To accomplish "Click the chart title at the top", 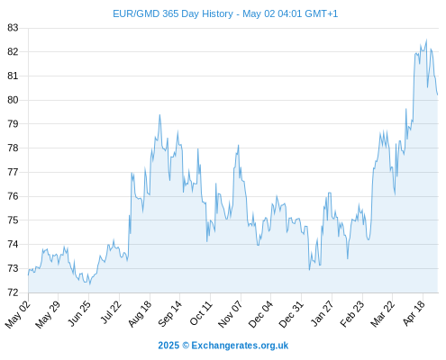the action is (225, 13).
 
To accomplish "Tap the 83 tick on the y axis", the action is (13, 28).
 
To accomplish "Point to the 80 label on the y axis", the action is (13, 100).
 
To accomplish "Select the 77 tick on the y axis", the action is (13, 172).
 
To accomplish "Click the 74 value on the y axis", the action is (13, 244).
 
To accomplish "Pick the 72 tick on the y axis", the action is (13, 292).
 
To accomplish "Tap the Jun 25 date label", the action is (79, 313).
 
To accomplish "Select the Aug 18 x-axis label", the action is (140, 313).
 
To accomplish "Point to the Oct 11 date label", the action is (201, 313).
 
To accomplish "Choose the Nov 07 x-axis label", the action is (231, 314).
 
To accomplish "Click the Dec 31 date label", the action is (291, 314).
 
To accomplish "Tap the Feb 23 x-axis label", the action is (352, 313).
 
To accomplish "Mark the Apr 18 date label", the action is (414, 313).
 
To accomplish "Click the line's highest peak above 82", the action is (426, 40).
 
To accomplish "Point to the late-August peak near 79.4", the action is (159, 114).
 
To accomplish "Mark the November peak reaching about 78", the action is (239, 145).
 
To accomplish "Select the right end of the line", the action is (438, 94).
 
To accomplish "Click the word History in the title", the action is (217, 14).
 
